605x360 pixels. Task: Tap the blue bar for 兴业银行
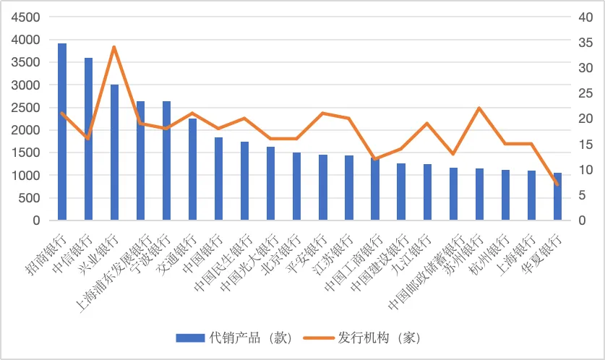(114, 152)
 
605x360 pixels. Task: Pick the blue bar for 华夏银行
(557, 196)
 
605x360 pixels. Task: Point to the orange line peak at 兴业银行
(114, 47)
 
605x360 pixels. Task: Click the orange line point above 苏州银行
(479, 108)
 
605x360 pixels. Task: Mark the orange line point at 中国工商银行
(375, 159)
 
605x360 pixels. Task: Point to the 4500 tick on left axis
(26, 17)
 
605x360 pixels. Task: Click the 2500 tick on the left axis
(26, 107)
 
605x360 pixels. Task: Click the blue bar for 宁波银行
(166, 160)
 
